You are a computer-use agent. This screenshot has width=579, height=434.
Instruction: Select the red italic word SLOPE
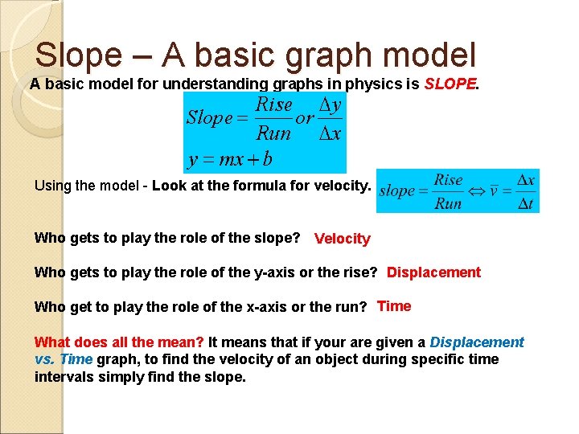tap(450, 84)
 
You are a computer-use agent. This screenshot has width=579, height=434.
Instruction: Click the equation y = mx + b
tap(230, 158)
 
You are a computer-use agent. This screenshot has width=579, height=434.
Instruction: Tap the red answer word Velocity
tap(343, 239)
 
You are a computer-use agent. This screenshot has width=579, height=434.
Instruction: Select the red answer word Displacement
tap(433, 272)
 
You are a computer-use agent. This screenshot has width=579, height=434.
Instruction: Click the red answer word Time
tap(394, 306)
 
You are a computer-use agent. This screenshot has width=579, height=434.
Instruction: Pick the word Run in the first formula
tap(273, 133)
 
